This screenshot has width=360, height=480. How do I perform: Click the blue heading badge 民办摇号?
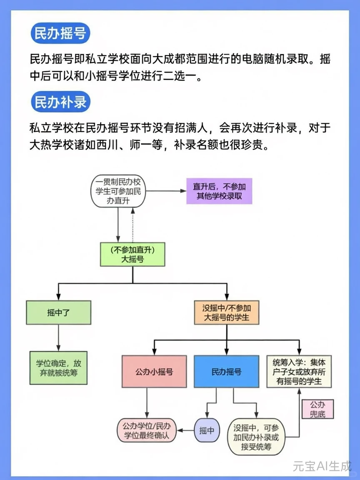[x=60, y=35]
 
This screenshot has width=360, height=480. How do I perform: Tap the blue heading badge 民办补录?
[x=60, y=102]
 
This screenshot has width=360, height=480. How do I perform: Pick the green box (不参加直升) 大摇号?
[x=132, y=255]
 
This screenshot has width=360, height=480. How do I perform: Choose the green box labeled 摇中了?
[x=58, y=312]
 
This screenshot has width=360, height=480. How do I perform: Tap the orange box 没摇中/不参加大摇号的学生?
[x=227, y=312]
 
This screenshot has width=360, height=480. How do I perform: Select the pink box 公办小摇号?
[x=154, y=372]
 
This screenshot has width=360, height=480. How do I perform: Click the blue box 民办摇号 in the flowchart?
[x=227, y=372]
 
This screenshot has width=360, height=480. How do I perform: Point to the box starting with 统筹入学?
[x=299, y=372]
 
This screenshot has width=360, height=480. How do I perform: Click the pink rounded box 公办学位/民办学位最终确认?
[x=147, y=430]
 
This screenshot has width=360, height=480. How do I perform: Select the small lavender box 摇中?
[x=207, y=430]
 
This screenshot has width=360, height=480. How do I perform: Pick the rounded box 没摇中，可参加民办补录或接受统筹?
[x=256, y=437]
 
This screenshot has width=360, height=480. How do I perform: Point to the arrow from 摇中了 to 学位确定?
[x=58, y=337]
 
